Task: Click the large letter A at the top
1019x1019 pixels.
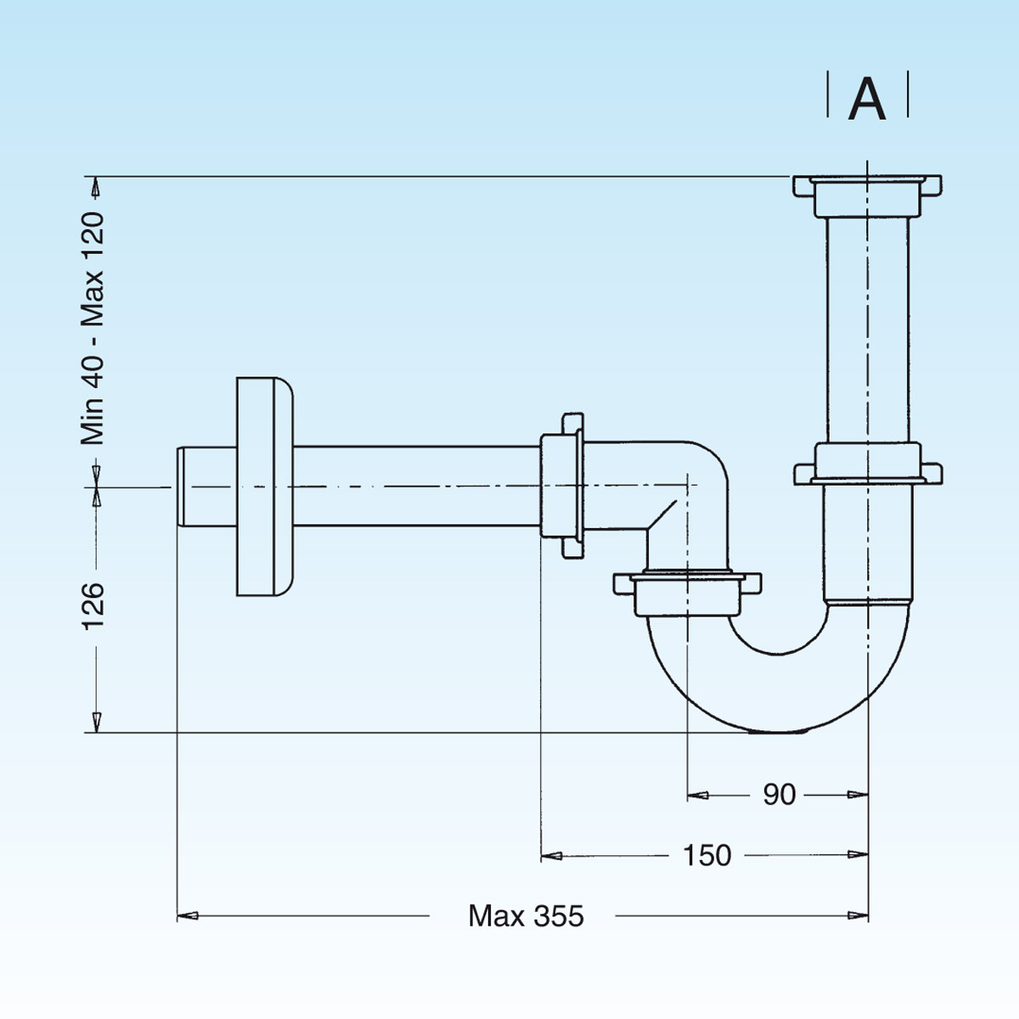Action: coord(867,99)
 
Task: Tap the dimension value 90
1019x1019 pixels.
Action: coord(779,795)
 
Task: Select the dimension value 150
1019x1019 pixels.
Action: coord(707,855)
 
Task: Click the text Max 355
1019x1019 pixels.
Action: coord(526,916)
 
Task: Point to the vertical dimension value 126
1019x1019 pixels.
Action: coord(93,605)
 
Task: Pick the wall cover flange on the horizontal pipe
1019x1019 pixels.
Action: coord(263,487)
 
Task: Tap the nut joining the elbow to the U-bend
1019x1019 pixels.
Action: coord(686,589)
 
